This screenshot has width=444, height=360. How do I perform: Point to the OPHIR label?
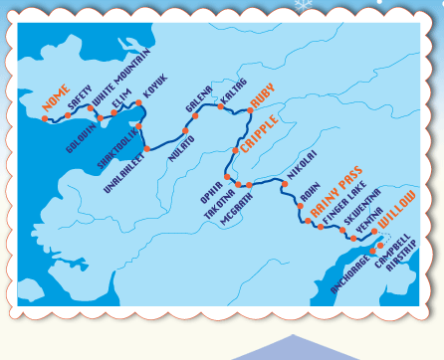click(209, 191)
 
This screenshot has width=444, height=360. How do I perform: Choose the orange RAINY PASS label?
click(333, 192)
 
